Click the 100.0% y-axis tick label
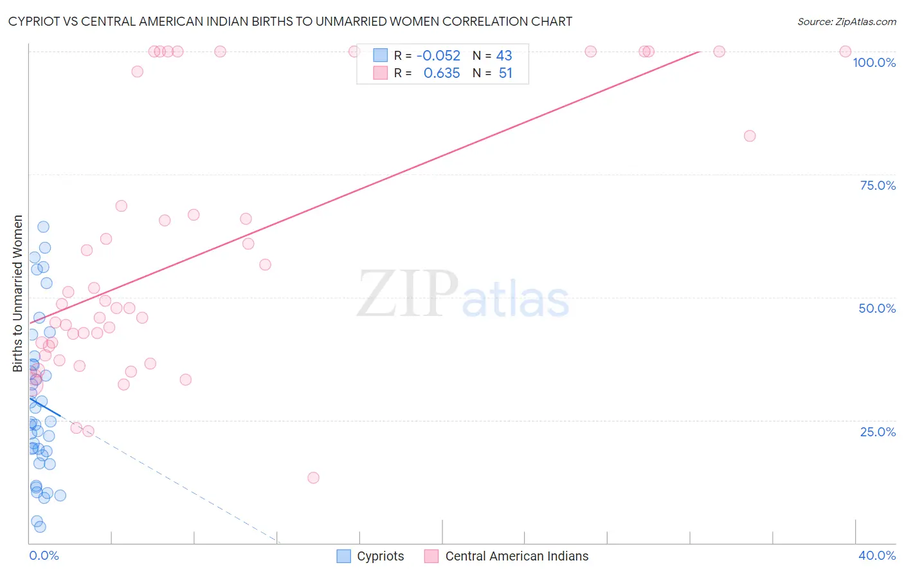pyautogui.click(x=874, y=62)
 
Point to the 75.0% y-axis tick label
pyautogui.click(x=878, y=185)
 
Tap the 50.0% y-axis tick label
pyautogui.click(x=877, y=308)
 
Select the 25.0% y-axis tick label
pyautogui.click(x=878, y=431)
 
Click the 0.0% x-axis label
pyautogui.click(x=44, y=555)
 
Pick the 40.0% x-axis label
pyautogui.click(x=876, y=555)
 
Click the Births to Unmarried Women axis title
pyautogui.click(x=17, y=293)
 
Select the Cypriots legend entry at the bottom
pyautogui.click(x=371, y=556)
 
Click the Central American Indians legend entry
pyautogui.click(x=507, y=556)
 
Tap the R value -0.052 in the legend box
pyautogui.click(x=438, y=56)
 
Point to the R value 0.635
pyautogui.click(x=442, y=73)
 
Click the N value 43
pyautogui.click(x=504, y=56)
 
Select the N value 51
pyautogui.click(x=505, y=73)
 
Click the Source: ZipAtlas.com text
pyautogui.click(x=846, y=22)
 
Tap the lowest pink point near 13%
pyautogui.click(x=313, y=477)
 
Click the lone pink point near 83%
pyautogui.click(x=750, y=136)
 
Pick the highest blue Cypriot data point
pyautogui.click(x=43, y=227)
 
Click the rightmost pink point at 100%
pyautogui.click(x=845, y=51)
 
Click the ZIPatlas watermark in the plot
pyautogui.click(x=463, y=294)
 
